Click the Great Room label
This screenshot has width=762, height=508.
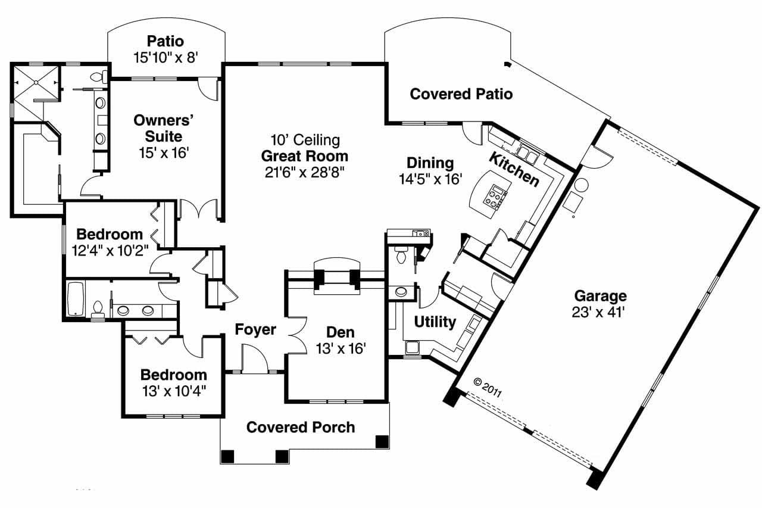pyautogui.click(x=304, y=157)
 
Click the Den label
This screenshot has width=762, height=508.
pyautogui.click(x=341, y=332)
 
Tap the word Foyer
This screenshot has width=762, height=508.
pyautogui.click(x=255, y=329)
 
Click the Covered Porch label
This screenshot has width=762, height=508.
pyautogui.click(x=301, y=427)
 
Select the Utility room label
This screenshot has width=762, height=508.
pyautogui.click(x=435, y=322)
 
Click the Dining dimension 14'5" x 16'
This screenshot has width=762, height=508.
pyautogui.click(x=430, y=179)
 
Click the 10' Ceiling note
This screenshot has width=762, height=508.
pyautogui.click(x=305, y=141)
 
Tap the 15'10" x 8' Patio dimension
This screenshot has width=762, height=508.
pyautogui.click(x=165, y=57)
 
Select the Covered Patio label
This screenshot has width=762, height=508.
pyautogui.click(x=461, y=94)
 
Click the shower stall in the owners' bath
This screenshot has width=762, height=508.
pyautogui.click(x=37, y=83)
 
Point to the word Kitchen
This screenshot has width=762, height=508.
pyautogui.click(x=514, y=169)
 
